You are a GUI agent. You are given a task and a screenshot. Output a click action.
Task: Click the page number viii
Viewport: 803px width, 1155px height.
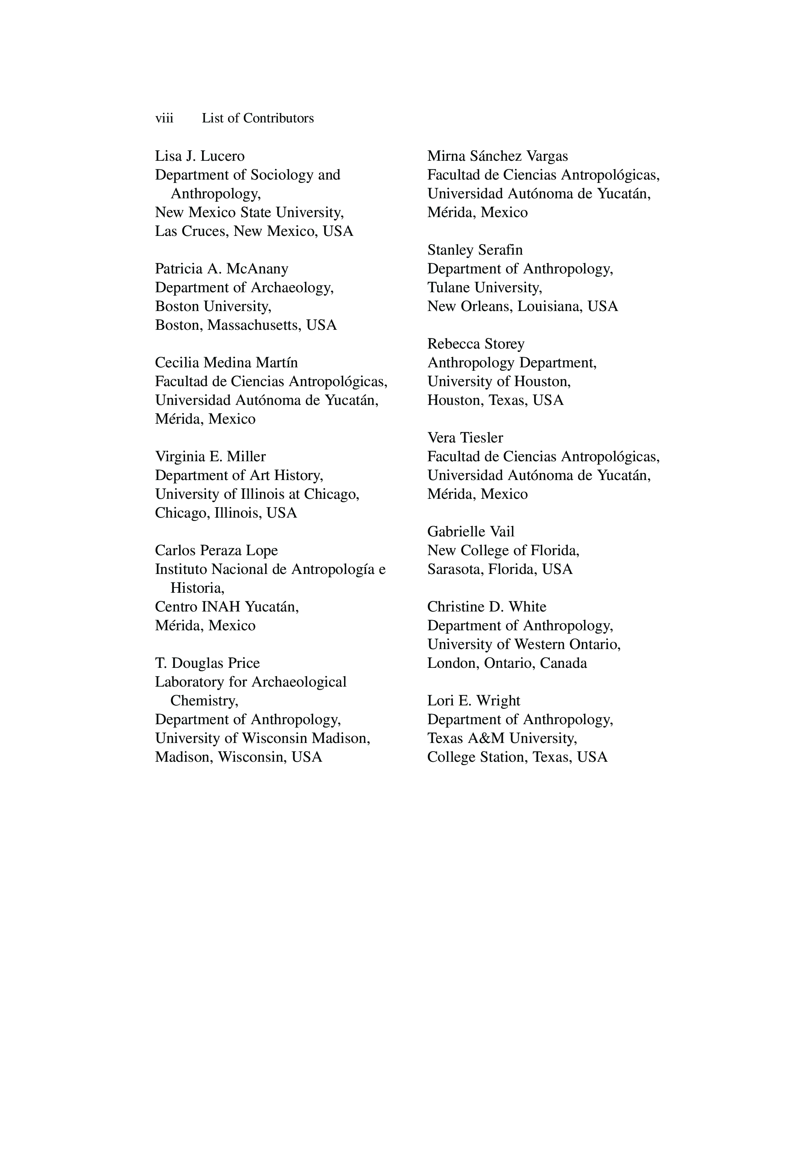(164, 118)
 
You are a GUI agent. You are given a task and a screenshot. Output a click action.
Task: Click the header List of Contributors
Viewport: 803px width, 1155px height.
(258, 118)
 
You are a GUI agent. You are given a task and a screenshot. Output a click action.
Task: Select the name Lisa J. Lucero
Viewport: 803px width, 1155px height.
(200, 157)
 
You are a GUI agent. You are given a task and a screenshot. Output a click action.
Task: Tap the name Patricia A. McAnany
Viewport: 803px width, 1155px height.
(221, 269)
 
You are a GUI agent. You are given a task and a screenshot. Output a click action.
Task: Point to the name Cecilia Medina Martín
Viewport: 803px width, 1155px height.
(226, 363)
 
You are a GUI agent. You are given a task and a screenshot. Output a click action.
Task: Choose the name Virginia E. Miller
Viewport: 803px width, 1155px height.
(210, 457)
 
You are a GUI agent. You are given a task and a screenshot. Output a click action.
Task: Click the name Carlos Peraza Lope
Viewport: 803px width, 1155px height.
(216, 551)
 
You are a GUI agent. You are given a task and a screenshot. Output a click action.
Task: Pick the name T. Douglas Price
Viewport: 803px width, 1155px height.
(207, 664)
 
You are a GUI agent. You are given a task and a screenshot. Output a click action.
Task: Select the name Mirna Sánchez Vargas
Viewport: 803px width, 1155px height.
(497, 157)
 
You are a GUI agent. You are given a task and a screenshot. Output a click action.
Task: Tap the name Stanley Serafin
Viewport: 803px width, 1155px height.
(475, 250)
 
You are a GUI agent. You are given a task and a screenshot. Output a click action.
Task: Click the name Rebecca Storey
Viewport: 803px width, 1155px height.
(475, 344)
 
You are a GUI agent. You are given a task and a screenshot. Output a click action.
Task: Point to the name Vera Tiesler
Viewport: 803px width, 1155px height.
(465, 438)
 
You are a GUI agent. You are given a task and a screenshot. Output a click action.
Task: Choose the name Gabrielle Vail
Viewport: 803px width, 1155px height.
(471, 532)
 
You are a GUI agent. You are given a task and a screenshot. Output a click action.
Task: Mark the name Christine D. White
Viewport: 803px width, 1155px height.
(486, 607)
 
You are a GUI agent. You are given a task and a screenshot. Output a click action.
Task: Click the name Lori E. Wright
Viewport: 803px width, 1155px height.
(474, 701)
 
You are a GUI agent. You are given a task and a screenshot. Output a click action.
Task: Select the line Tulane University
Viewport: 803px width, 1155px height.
(485, 288)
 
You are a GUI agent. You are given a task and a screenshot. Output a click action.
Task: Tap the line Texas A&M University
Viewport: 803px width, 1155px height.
(502, 738)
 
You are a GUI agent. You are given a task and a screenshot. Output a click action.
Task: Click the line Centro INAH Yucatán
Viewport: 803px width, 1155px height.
(226, 607)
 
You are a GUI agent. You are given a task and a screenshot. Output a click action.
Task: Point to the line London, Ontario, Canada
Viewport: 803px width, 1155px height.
(507, 664)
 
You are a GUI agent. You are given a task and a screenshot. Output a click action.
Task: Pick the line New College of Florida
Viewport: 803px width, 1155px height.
(503, 551)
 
